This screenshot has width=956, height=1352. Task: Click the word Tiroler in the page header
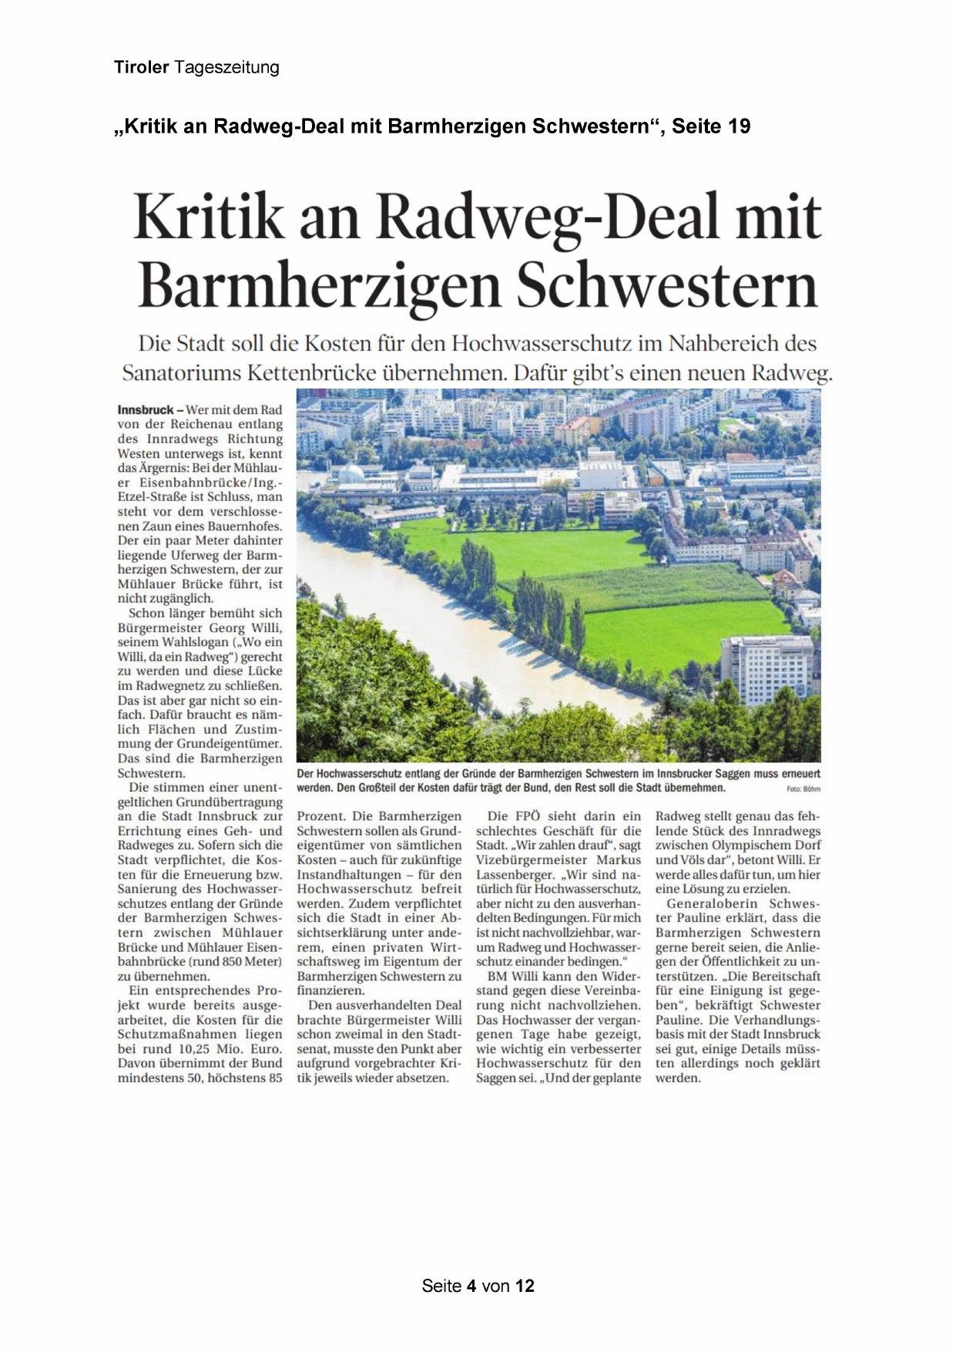click(142, 68)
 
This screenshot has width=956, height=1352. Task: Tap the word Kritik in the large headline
click(209, 218)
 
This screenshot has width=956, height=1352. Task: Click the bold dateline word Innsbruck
click(146, 410)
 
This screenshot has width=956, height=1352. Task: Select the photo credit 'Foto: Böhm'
click(803, 789)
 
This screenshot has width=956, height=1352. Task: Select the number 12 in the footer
click(525, 1286)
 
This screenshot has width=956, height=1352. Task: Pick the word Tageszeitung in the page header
click(226, 68)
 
